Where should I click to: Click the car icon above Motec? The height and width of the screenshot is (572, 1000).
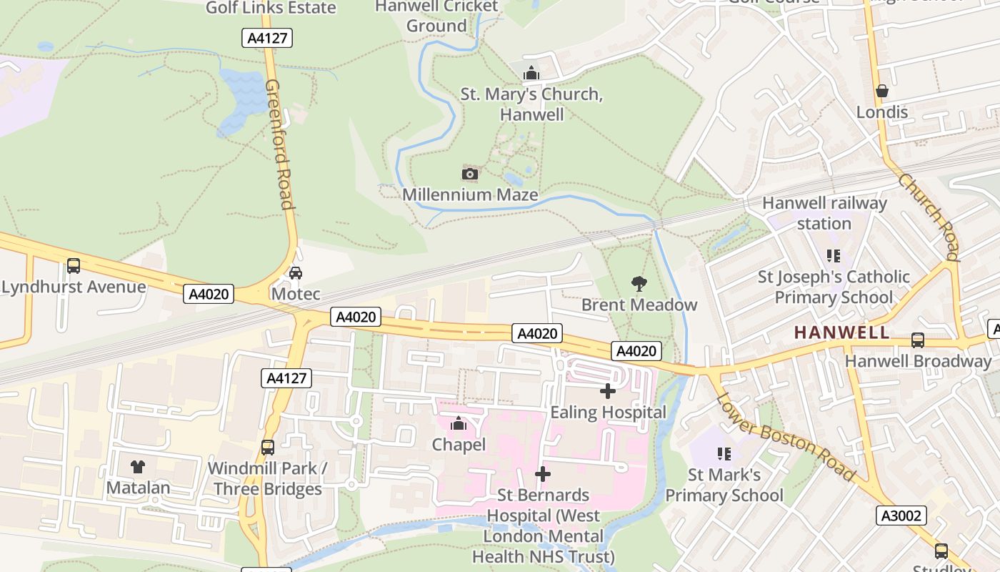tap(296, 272)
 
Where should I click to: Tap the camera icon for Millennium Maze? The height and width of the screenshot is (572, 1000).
tap(470, 174)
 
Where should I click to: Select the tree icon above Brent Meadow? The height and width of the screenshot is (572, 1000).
tap(639, 284)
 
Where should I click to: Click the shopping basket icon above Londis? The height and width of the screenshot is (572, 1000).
tap(882, 92)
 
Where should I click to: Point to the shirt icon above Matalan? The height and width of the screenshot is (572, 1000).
tap(138, 467)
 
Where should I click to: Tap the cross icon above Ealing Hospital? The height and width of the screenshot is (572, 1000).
tap(608, 391)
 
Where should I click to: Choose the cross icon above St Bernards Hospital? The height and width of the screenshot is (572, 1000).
tap(543, 474)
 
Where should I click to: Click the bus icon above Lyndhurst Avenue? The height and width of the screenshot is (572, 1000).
tap(74, 266)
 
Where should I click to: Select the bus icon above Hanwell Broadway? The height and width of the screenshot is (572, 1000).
tap(918, 340)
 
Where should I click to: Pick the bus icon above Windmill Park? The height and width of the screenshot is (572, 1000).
tap(268, 448)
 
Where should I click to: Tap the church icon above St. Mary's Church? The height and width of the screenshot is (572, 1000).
tap(531, 73)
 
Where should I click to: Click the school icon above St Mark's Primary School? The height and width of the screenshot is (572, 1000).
tap(724, 453)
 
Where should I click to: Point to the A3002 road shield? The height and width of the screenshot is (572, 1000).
tap(901, 516)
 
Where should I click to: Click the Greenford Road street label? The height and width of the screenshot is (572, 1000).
tap(279, 144)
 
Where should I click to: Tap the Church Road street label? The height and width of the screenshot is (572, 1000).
tap(929, 215)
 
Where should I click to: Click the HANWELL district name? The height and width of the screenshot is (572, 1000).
tap(842, 332)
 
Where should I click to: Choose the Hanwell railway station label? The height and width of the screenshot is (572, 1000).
tap(824, 213)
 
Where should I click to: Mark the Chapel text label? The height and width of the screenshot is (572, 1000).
tap(459, 445)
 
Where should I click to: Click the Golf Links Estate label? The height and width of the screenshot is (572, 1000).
tap(271, 8)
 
